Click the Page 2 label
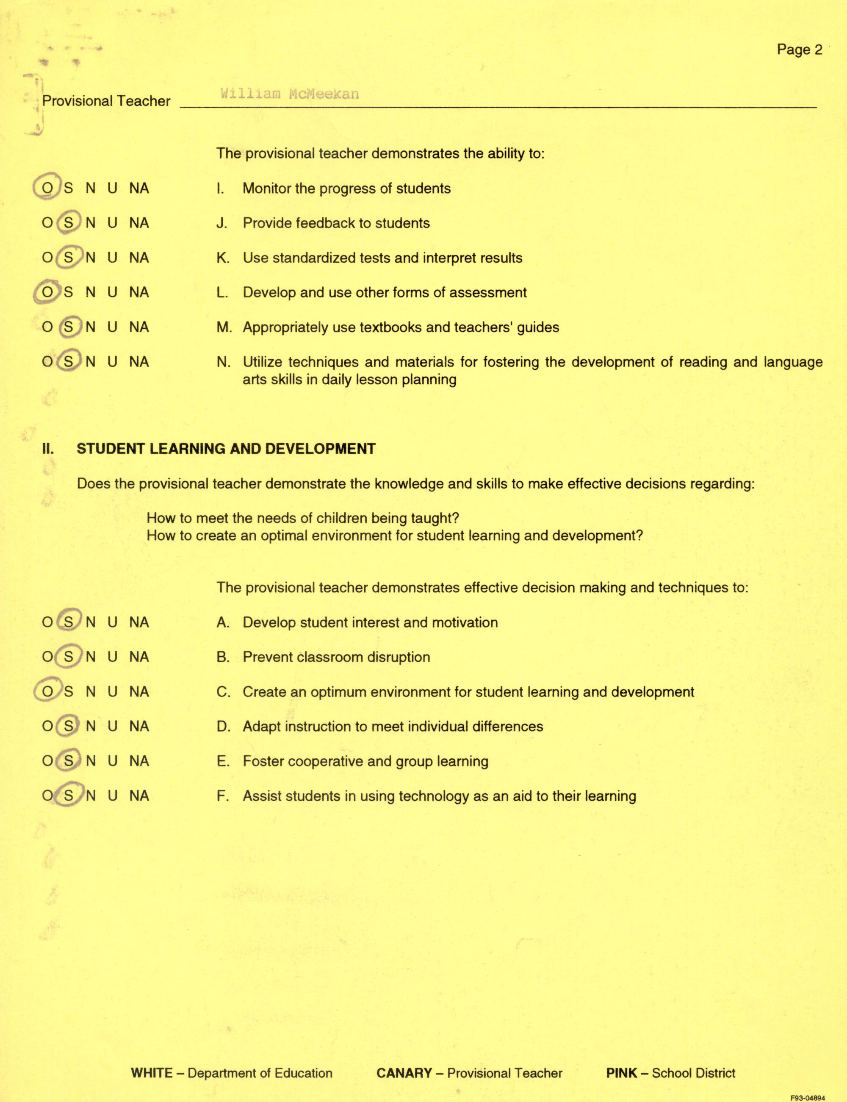pyautogui.click(x=799, y=50)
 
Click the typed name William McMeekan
pyautogui.click(x=289, y=94)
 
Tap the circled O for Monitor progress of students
pyautogui.click(x=47, y=188)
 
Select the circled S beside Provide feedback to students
pyautogui.click(x=69, y=223)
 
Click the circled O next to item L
pyautogui.click(x=47, y=292)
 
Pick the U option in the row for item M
pyautogui.click(x=112, y=327)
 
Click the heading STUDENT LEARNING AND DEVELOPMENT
pyautogui.click(x=226, y=449)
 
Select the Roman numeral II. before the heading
pyautogui.click(x=48, y=449)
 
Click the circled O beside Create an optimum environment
pyautogui.click(x=47, y=691)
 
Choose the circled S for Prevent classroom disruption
pyautogui.click(x=69, y=657)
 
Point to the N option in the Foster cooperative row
pyautogui.click(x=90, y=761)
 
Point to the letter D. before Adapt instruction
pyautogui.click(x=223, y=726)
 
